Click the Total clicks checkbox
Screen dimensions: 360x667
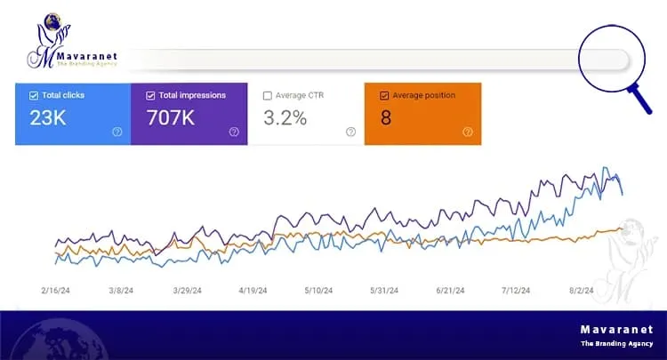[34, 96]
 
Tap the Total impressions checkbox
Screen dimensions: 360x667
[150, 95]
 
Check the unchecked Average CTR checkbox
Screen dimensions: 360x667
[267, 96]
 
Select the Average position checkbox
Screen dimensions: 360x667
[384, 96]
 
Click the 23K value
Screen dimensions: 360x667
[49, 116]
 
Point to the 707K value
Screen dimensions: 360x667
[172, 116]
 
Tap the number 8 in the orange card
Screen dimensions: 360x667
[386, 117]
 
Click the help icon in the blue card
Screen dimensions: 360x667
[117, 132]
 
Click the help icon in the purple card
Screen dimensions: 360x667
[234, 132]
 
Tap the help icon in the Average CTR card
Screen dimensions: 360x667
[350, 132]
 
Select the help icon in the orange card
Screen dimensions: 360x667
[467, 132]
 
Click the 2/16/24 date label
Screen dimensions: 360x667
[57, 290]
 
